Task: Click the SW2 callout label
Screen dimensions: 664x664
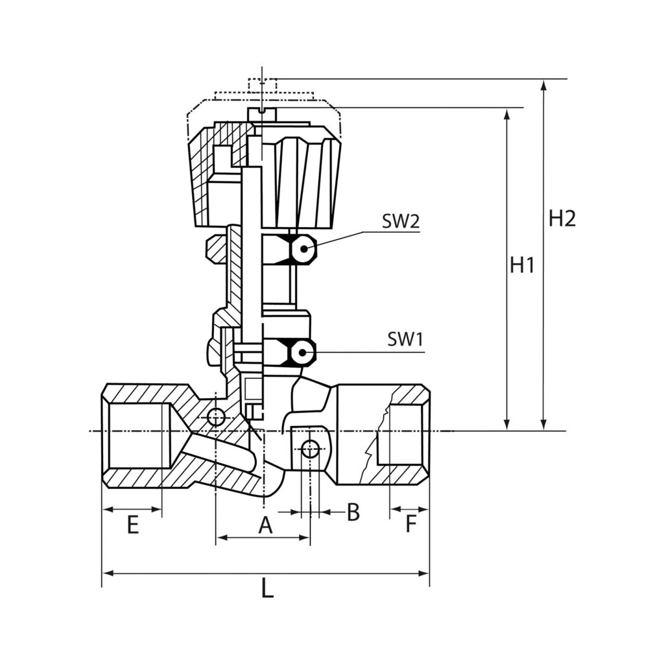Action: click(400, 222)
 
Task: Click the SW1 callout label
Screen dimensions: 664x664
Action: click(405, 339)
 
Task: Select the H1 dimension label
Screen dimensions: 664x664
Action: click(521, 265)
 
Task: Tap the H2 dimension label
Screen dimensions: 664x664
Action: click(562, 219)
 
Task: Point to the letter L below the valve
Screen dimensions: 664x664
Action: click(267, 589)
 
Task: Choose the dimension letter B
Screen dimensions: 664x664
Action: click(353, 512)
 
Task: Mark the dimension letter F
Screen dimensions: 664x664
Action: click(410, 525)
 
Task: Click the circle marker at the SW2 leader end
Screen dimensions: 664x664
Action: click(303, 248)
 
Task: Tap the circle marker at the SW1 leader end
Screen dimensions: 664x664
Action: click(302, 352)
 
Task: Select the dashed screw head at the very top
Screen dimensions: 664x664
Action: click(262, 84)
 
